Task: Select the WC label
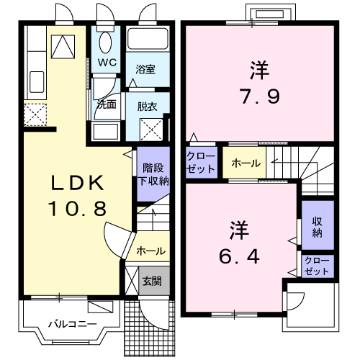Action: click(x=107, y=62)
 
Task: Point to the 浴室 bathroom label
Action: click(x=146, y=70)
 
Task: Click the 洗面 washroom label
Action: click(x=107, y=104)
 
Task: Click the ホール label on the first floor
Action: click(x=150, y=251)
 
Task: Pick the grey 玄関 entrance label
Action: click(x=151, y=281)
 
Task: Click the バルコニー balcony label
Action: click(x=72, y=324)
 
